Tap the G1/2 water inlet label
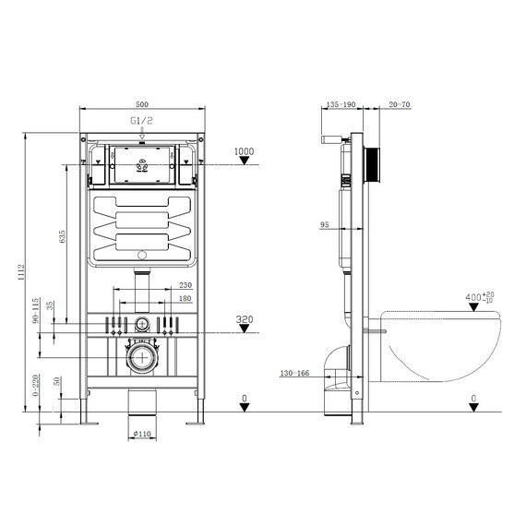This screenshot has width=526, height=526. (x=141, y=120)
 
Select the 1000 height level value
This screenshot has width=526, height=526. (x=244, y=151)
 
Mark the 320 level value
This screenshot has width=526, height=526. (x=244, y=319)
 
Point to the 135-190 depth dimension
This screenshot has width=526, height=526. (x=341, y=106)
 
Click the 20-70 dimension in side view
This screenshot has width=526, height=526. (x=400, y=106)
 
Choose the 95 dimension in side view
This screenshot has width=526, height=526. (x=325, y=224)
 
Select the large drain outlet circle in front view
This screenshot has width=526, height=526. (x=141, y=358)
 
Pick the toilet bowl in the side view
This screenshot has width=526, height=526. (x=443, y=346)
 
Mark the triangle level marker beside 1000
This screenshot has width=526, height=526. (x=244, y=161)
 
